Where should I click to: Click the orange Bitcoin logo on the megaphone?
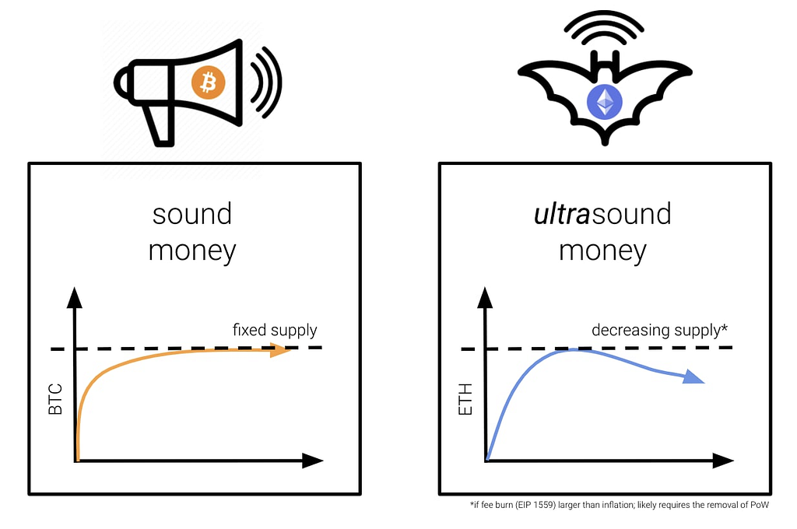(x=209, y=82)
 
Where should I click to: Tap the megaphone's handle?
(x=159, y=125)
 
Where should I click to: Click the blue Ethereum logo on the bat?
(x=604, y=102)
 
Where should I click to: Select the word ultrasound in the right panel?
(x=602, y=214)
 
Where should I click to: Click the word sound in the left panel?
(x=192, y=214)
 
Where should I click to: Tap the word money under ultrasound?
(x=602, y=250)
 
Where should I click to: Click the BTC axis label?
(x=55, y=399)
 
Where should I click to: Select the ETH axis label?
(x=465, y=399)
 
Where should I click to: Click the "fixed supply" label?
(x=275, y=331)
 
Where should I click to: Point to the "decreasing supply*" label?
(x=659, y=331)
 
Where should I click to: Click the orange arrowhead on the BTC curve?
(x=280, y=349)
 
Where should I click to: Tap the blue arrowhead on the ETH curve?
(x=693, y=377)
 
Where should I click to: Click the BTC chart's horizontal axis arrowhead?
(x=313, y=461)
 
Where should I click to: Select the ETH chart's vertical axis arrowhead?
(x=485, y=297)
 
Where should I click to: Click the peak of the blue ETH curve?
(x=572, y=349)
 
